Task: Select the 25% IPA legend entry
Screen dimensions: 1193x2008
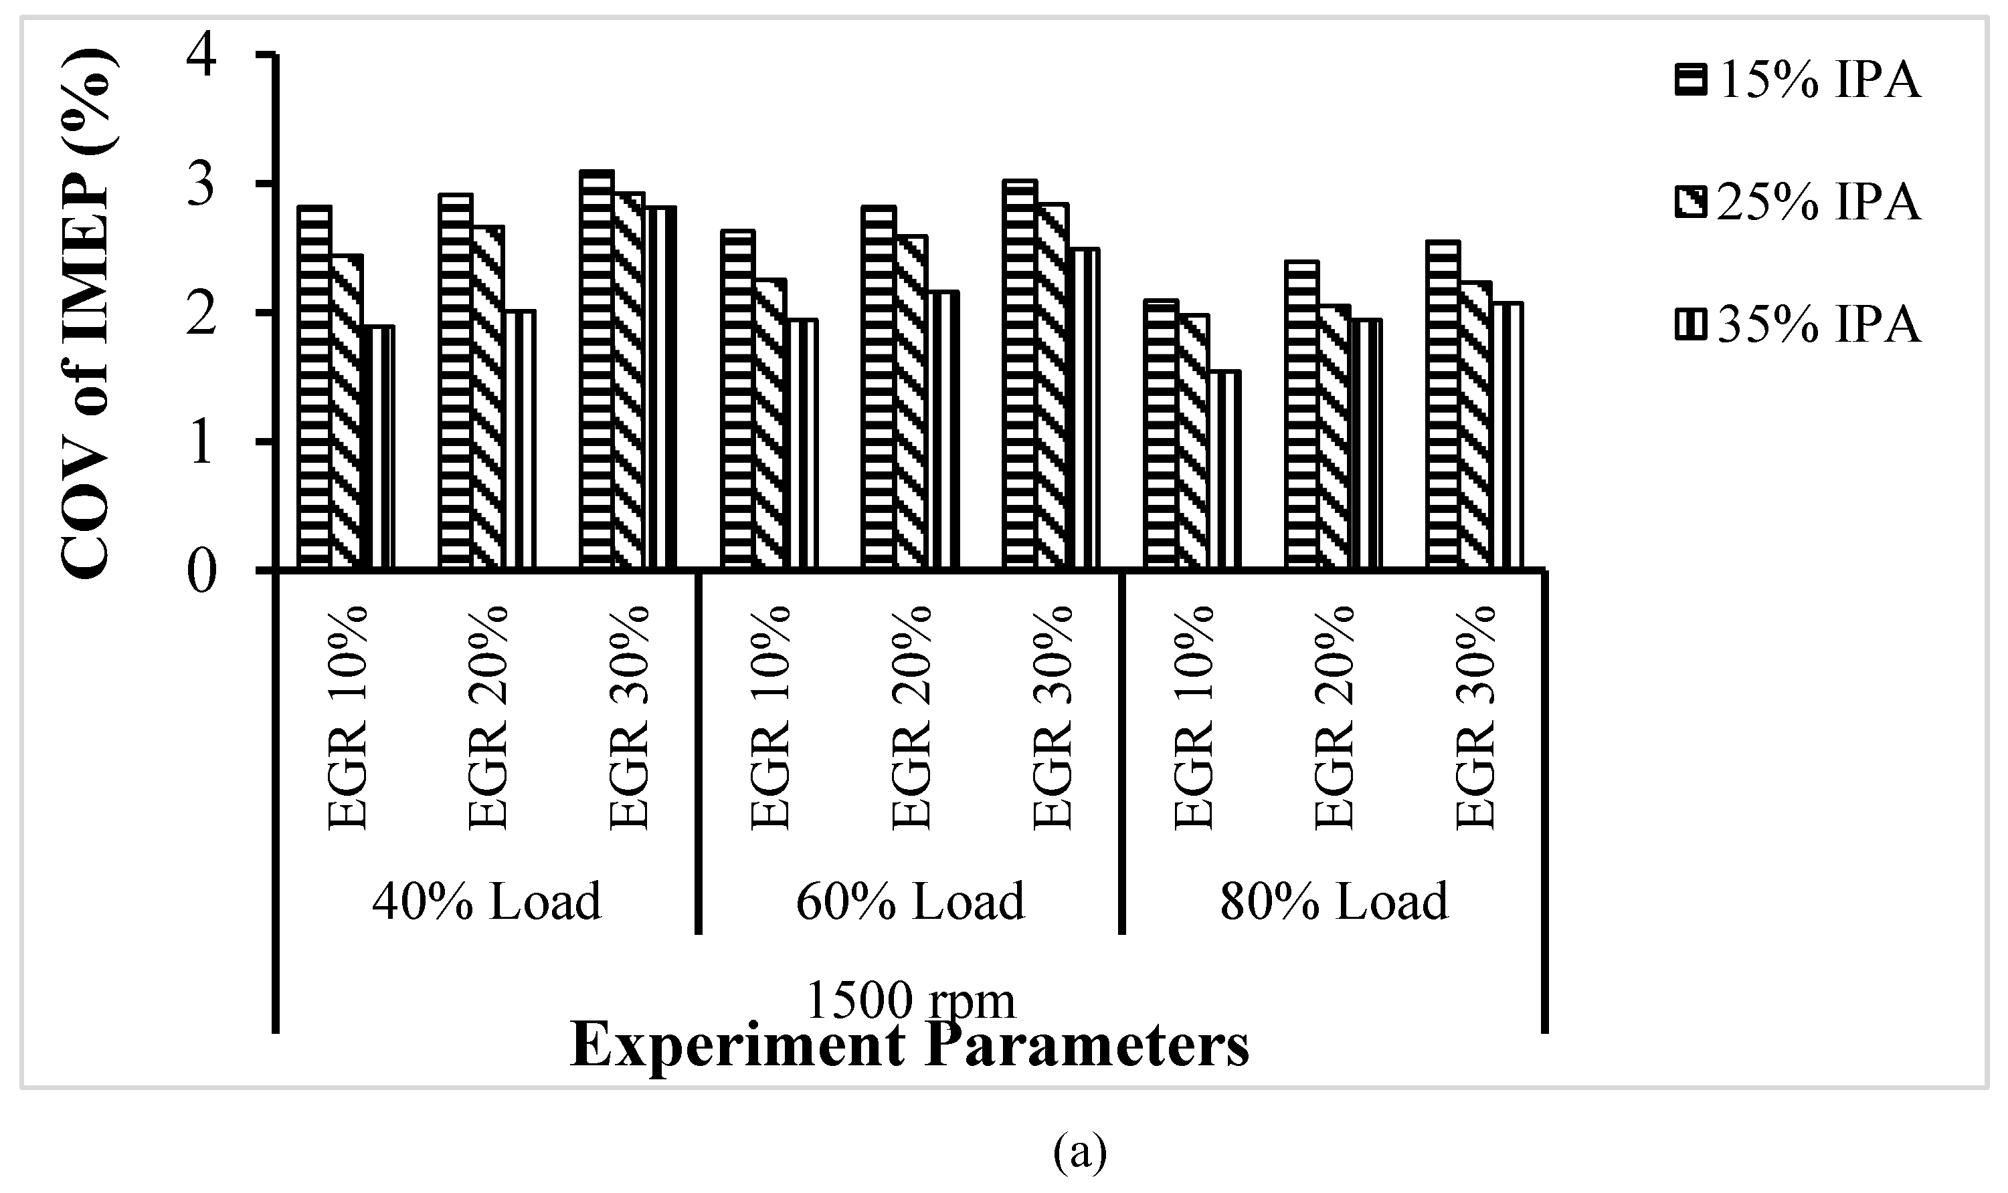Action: tap(1797, 203)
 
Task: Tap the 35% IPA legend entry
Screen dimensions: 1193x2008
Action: tap(1797, 326)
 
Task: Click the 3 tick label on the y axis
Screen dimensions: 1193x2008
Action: tap(203, 184)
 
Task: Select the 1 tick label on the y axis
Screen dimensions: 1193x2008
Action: tap(203, 441)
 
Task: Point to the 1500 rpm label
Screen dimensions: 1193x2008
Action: tap(910, 1002)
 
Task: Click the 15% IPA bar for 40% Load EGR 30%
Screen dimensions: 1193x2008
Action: tap(596, 370)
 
